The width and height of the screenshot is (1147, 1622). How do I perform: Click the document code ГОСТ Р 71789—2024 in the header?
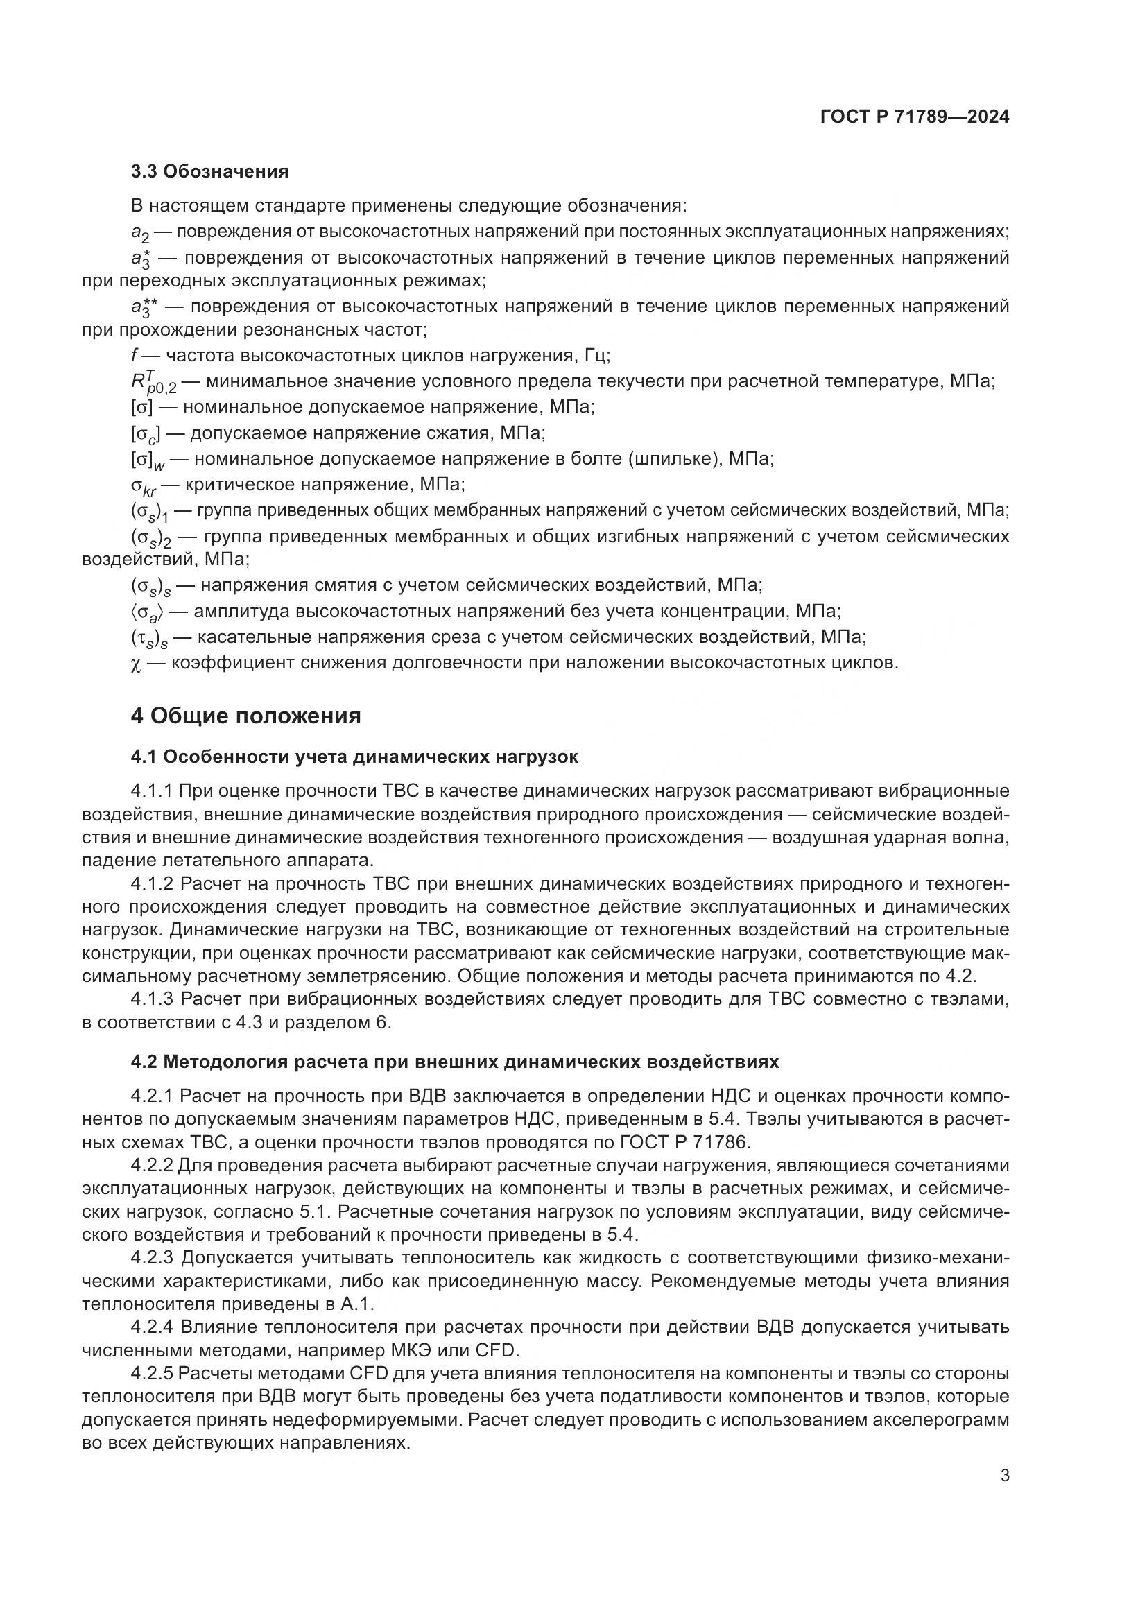coord(914,117)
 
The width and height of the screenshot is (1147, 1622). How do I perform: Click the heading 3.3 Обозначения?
coord(209,172)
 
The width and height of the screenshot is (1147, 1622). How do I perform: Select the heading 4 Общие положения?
coord(245,716)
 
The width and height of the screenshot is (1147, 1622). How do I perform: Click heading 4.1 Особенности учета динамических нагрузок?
coord(354,757)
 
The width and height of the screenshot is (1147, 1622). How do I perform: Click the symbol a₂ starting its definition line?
coord(140,233)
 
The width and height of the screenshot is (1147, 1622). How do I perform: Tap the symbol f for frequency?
coord(135,355)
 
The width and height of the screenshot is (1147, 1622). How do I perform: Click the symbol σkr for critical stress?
coord(144,486)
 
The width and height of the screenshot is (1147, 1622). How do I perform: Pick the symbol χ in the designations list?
coord(136,664)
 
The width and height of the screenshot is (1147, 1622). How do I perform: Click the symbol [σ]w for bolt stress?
coord(147,460)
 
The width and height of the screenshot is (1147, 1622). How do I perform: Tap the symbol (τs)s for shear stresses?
coord(149,639)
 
